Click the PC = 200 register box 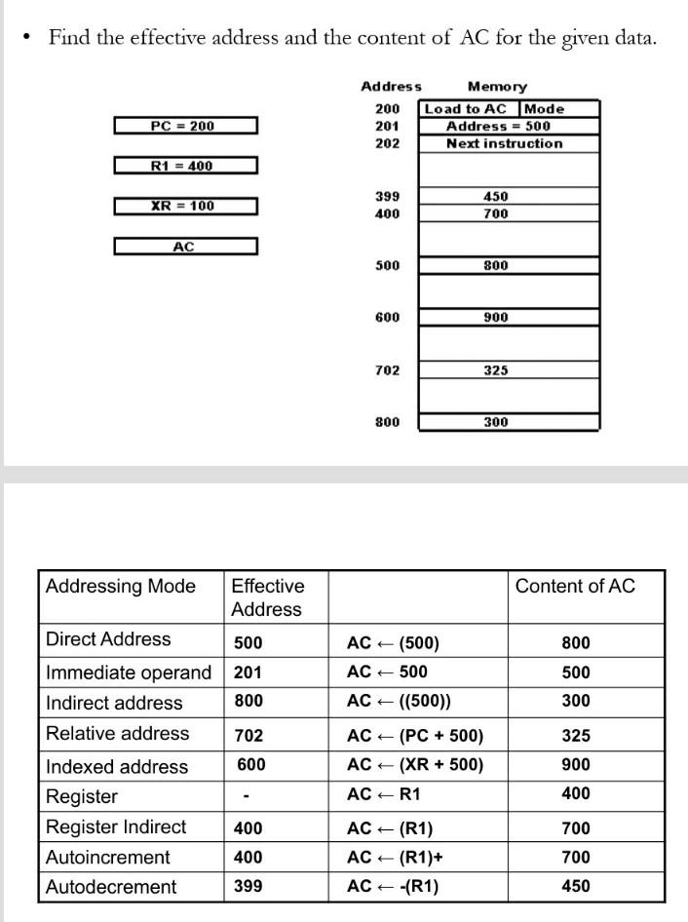point(185,126)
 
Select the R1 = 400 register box point(185,166)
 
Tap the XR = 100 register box point(185,206)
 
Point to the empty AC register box point(185,247)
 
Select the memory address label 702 point(387,370)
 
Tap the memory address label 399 point(387,197)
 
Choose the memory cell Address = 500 point(498,126)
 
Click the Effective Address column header point(267,597)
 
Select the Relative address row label point(118,734)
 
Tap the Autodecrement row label point(111,886)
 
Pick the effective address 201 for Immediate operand point(248,672)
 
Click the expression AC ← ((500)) point(399,702)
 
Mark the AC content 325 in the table point(576,736)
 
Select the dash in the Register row point(248,795)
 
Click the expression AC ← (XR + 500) point(414,765)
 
